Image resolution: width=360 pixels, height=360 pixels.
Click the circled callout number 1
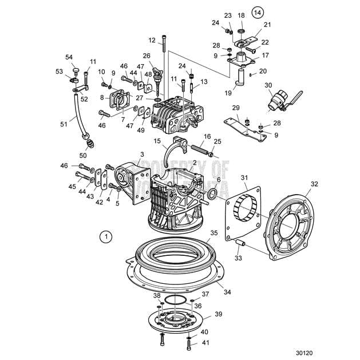coord(104,235)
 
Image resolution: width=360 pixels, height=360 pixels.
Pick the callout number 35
coord(214,234)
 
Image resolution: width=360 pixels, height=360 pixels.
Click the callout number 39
coord(218,314)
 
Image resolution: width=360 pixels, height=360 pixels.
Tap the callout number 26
coord(147,56)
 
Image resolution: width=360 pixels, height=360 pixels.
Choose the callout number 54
coord(69,57)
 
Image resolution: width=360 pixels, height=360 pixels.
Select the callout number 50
coord(83,155)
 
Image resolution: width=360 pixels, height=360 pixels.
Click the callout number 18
coord(241,15)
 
